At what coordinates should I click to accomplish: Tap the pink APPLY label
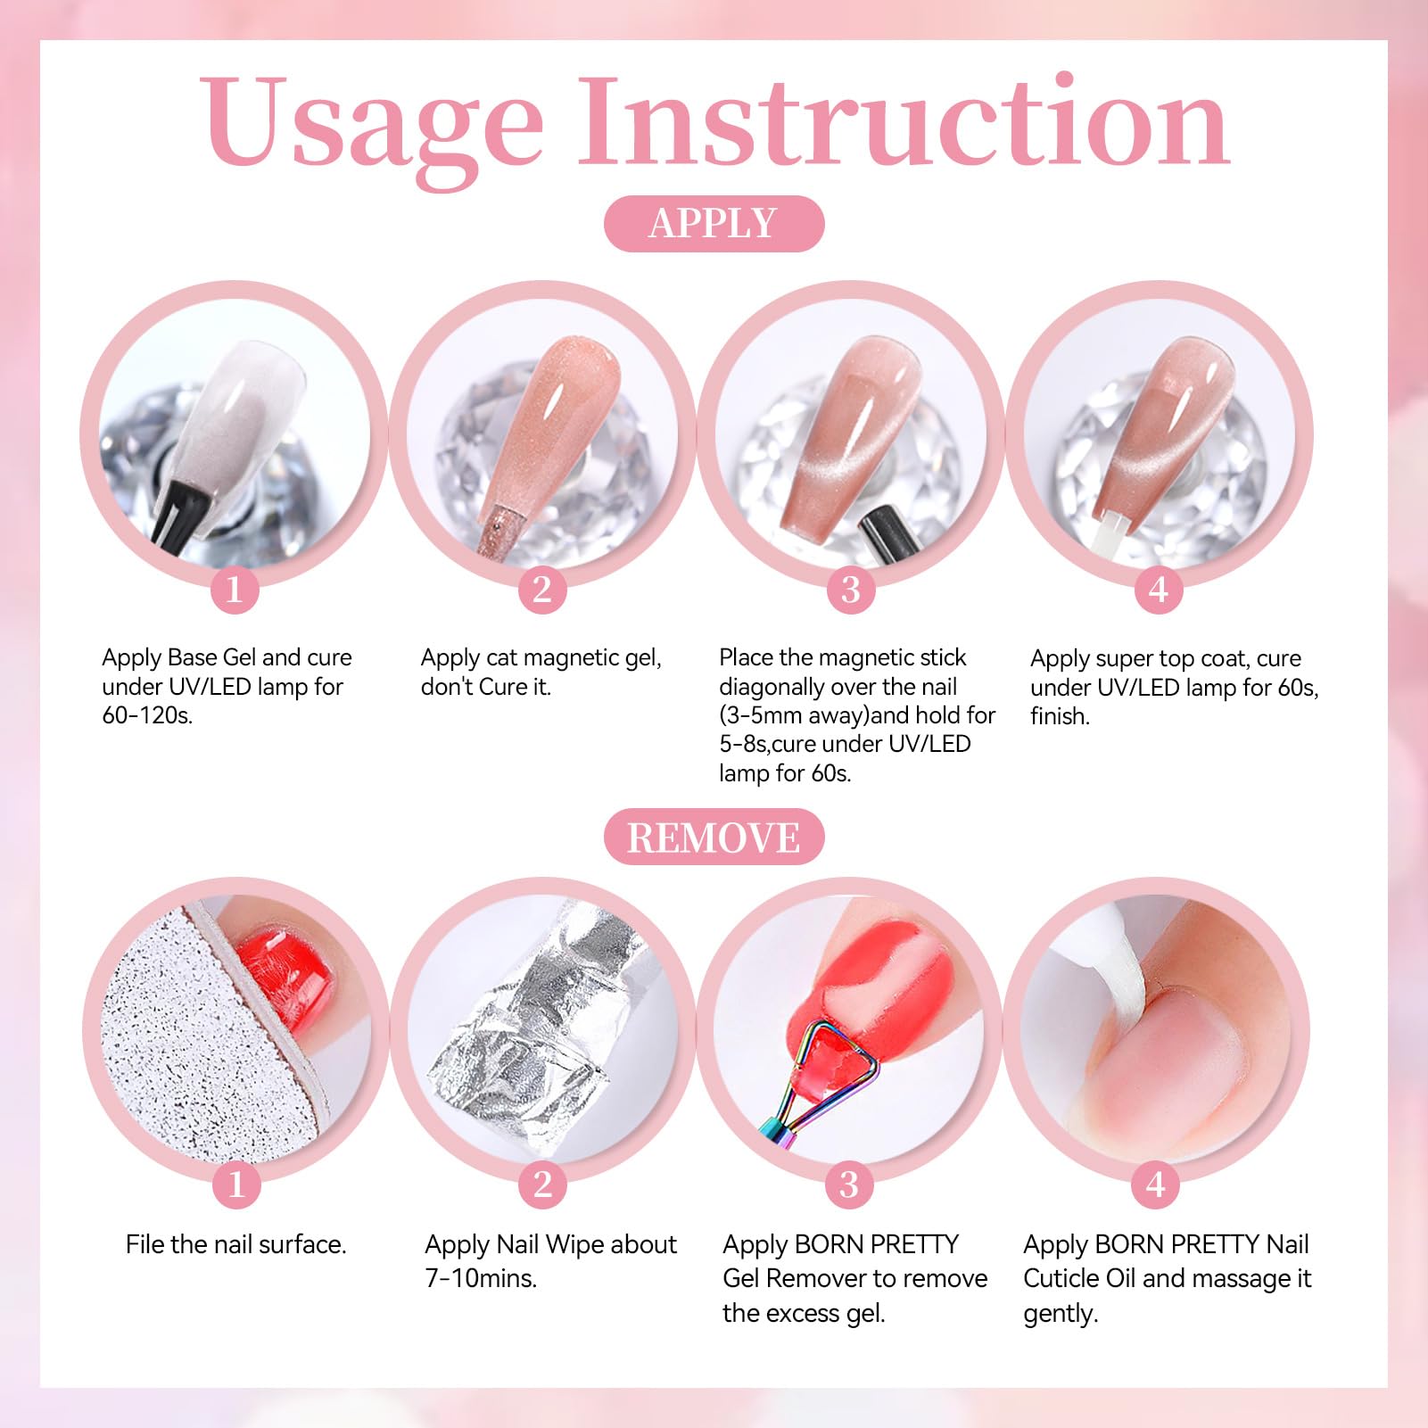[x=714, y=223]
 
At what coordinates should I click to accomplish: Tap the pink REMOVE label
[x=714, y=837]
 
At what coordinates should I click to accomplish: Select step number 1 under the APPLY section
[x=235, y=590]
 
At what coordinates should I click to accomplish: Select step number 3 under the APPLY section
[x=851, y=590]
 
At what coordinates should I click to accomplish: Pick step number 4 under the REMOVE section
[x=1156, y=1184]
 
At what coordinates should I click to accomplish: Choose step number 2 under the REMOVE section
[x=542, y=1184]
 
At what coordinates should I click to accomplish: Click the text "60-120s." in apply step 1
[x=147, y=715]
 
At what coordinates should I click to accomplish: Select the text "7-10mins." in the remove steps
[x=481, y=1278]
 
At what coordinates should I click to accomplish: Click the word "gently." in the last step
[x=1061, y=1314]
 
